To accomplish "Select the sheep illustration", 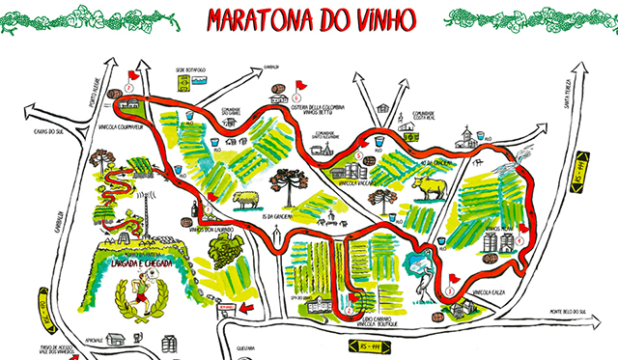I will (247, 199).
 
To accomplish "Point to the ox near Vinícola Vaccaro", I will (432, 188).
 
